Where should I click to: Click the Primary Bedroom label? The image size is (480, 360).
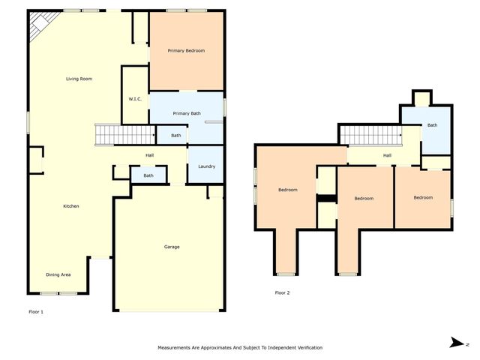coord(186,50)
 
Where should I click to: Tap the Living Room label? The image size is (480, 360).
coord(78,79)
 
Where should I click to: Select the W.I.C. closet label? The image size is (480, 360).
coord(135,99)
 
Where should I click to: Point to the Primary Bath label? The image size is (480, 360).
coord(186,113)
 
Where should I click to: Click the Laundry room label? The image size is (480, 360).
coord(207,166)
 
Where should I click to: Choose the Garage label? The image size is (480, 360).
coord(172,247)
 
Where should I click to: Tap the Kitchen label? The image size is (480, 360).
coord(71,206)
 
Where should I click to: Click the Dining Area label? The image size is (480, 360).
coord(58,274)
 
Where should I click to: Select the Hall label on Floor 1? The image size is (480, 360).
coord(150,155)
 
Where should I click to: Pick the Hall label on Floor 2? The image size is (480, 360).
coord(387,155)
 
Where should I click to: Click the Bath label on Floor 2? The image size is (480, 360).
coord(432,125)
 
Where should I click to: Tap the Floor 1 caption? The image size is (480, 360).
coord(36,311)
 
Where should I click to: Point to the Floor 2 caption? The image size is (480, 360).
coord(282,292)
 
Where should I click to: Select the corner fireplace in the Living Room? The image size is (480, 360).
coord(37,28)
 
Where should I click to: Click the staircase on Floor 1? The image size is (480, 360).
coord(124,134)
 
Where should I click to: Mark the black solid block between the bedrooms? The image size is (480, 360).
coord(325,198)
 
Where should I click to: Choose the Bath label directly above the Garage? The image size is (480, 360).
coord(148,175)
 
